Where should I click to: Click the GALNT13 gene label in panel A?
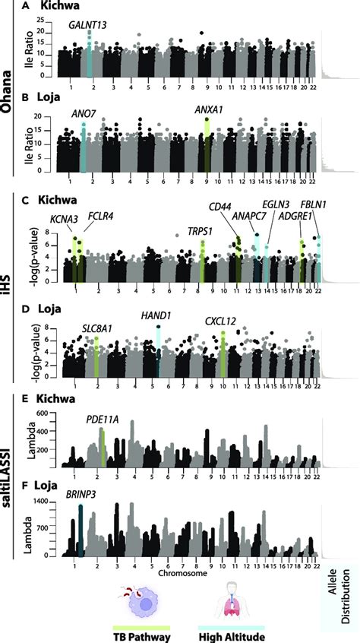click(87, 25)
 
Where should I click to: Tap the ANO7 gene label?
click(84, 115)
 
